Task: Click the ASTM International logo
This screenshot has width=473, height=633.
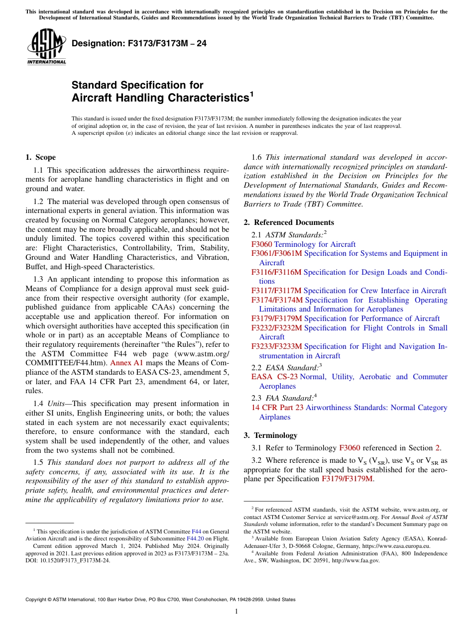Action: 46,48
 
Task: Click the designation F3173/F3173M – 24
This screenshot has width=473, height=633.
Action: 139,44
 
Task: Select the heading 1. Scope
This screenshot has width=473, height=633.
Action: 40,157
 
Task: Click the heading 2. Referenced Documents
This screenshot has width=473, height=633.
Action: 289,222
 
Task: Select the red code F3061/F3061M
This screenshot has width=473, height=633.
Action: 276,253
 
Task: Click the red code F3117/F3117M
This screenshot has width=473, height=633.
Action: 276,291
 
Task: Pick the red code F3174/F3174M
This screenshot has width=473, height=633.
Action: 276,300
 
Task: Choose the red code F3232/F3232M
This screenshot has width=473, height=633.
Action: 276,328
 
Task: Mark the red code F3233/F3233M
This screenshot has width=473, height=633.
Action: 276,346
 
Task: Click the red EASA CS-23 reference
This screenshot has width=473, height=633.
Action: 274,377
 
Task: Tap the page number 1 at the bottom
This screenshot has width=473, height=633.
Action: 236,612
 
